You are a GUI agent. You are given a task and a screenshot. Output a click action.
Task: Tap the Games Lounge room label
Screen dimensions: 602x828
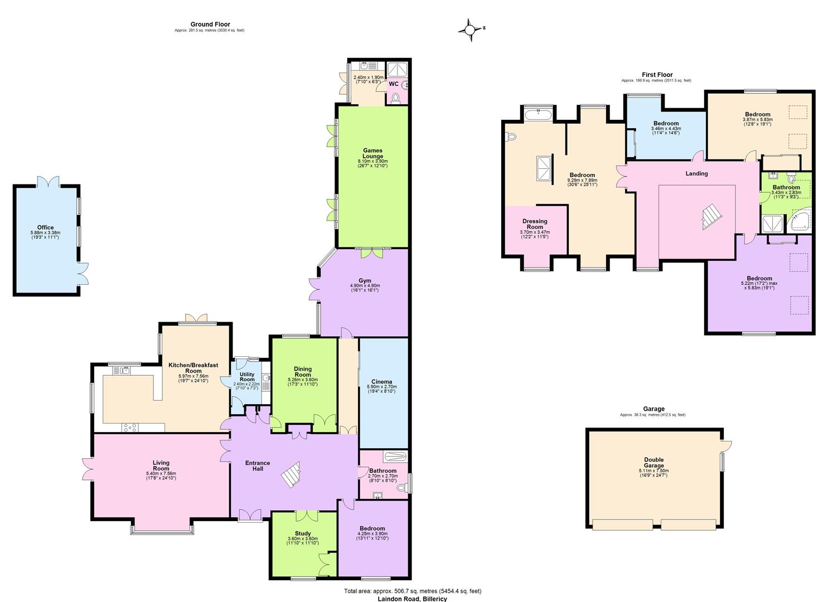click(x=373, y=153)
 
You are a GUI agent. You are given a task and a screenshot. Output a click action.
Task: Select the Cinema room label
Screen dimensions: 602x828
click(x=381, y=382)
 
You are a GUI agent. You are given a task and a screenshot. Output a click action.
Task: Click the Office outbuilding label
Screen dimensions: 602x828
click(x=45, y=227)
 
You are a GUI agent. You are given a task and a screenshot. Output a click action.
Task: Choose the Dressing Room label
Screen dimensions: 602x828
click(x=535, y=224)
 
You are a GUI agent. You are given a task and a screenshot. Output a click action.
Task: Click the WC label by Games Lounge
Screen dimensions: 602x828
click(x=394, y=84)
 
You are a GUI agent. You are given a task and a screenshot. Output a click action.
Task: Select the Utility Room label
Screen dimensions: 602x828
click(x=247, y=377)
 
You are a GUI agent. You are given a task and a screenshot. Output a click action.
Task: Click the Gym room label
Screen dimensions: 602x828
click(x=365, y=281)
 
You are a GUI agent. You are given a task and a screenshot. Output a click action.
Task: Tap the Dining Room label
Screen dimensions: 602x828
click(x=303, y=372)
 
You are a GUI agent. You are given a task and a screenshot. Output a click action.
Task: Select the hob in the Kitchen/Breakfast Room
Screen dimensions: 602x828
click(x=130, y=428)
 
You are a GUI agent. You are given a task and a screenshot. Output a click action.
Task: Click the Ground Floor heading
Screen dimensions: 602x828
click(x=210, y=25)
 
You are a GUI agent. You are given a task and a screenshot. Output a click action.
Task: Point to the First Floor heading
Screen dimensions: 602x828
click(x=657, y=75)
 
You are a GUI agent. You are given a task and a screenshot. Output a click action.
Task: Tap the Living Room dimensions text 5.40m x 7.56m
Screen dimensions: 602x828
click(x=161, y=473)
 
